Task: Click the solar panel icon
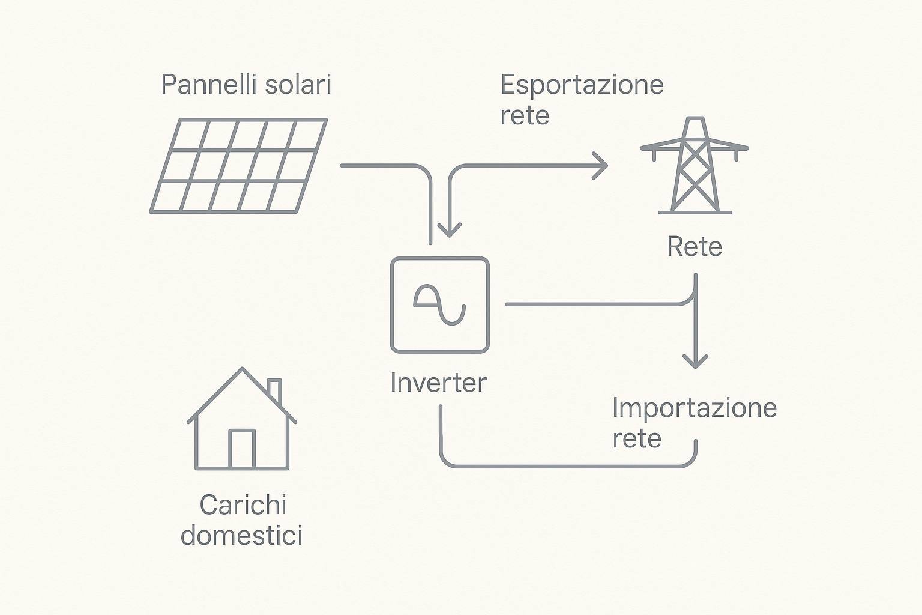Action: [x=238, y=166]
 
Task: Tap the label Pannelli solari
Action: [x=246, y=85]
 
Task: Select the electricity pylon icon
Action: [x=695, y=165]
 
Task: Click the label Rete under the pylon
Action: [x=695, y=247]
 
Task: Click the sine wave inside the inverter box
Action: [x=439, y=305]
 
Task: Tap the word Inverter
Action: [x=438, y=383]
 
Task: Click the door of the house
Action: [x=242, y=449]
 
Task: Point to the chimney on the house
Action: [x=275, y=390]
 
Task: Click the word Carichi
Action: [x=243, y=504]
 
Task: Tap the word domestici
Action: [x=242, y=535]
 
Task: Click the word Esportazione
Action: [x=582, y=85]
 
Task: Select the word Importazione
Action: [x=695, y=408]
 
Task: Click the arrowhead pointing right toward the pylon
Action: [x=601, y=166]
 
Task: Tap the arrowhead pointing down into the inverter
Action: [x=450, y=230]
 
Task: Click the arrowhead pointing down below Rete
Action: [x=695, y=361]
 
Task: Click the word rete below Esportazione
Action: [x=525, y=116]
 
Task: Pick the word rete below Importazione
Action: [x=637, y=438]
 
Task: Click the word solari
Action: [x=298, y=85]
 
